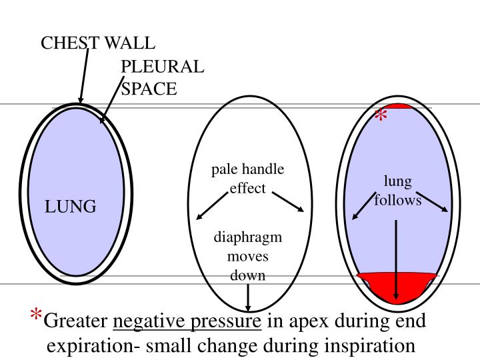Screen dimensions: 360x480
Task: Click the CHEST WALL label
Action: click(98, 43)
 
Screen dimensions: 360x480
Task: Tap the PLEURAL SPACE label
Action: click(162, 77)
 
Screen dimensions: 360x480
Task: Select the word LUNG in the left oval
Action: click(71, 207)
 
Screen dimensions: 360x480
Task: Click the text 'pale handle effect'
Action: click(248, 179)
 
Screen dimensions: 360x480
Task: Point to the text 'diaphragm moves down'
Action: click(248, 256)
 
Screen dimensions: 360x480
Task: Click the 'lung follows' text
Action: click(398, 191)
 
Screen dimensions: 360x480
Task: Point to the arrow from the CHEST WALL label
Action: click(84, 75)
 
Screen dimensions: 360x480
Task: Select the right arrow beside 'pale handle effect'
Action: click(288, 202)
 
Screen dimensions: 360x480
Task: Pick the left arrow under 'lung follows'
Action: click(363, 206)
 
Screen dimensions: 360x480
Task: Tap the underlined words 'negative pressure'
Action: click(187, 322)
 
